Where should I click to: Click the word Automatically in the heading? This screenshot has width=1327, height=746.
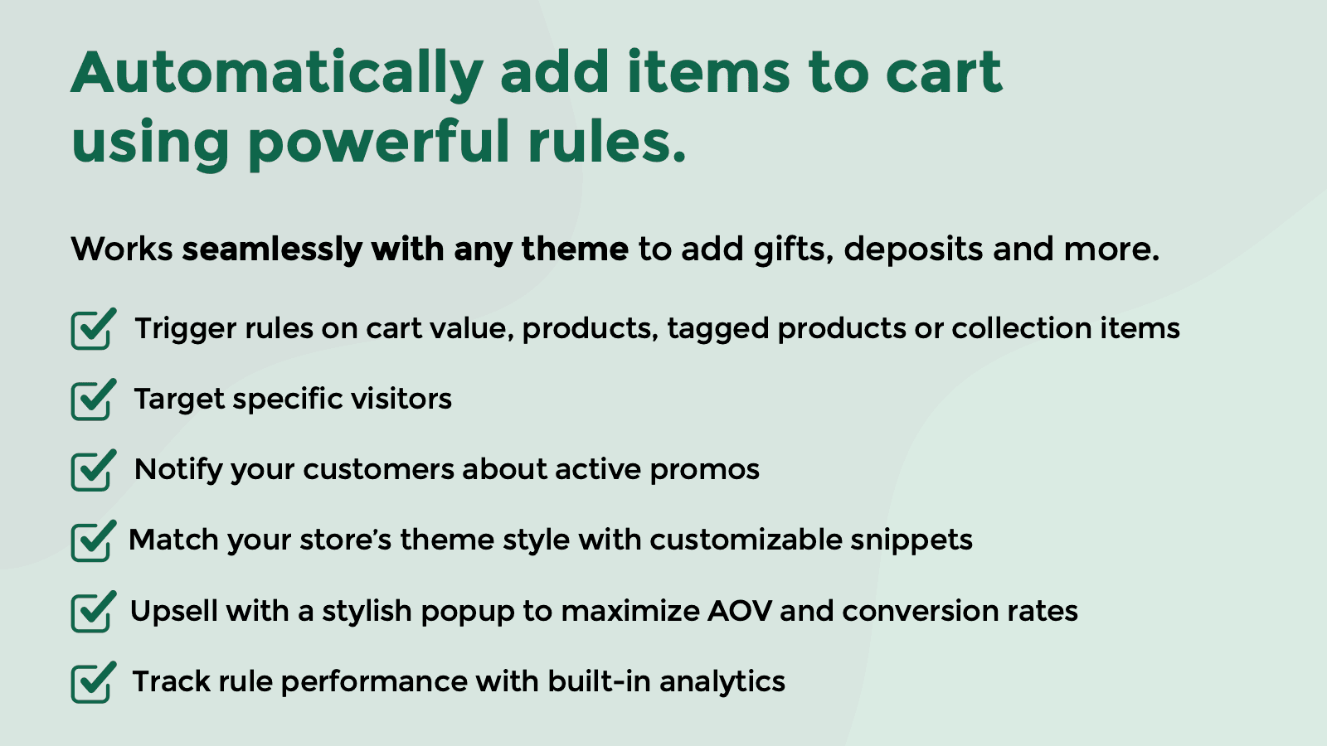pos(276,73)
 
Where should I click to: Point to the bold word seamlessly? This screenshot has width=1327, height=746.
pos(271,249)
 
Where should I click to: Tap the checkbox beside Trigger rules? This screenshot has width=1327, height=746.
pos(92,330)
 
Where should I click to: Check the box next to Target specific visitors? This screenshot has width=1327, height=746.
pos(92,400)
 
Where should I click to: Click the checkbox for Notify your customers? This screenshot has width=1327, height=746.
pos(92,471)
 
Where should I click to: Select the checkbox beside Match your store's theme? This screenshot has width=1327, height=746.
pos(92,541)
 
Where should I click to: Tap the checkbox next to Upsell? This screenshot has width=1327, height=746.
pos(92,613)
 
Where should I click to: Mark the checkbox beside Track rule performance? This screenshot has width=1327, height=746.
pos(92,683)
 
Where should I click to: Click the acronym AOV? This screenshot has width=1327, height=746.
pos(739,612)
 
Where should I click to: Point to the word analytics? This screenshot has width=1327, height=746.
pos(722,682)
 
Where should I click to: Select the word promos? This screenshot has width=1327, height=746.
pos(704,470)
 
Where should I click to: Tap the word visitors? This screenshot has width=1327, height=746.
pos(401,400)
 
